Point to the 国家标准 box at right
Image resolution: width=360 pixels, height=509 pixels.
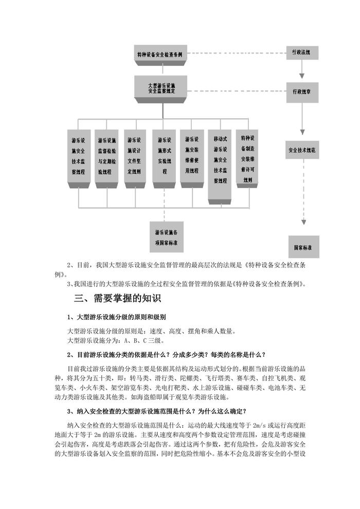pyautogui.click(x=303, y=247)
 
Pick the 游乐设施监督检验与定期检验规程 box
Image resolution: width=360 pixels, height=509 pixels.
pyautogui.click(x=106, y=156)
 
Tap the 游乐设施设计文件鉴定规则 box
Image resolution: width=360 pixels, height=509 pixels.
pyautogui.click(x=135, y=156)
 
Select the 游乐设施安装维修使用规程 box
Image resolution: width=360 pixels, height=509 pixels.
pyautogui.click(x=192, y=156)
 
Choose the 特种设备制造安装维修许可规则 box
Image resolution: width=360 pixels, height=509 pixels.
pyautogui.click(x=247, y=157)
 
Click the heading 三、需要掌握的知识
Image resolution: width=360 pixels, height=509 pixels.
pyautogui.click(x=118, y=299)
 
